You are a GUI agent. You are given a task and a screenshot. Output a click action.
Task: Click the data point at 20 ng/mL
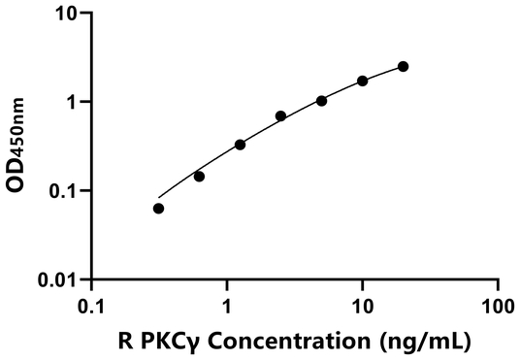[403, 66]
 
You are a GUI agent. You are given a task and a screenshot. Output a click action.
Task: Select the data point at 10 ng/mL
[362, 81]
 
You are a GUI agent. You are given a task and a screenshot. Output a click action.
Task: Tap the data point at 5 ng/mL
[321, 101]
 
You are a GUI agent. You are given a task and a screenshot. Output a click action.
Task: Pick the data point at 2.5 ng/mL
[280, 116]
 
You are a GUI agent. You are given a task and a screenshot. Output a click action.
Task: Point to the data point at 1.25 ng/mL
[240, 145]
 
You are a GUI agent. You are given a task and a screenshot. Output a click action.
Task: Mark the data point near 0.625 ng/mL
[199, 177]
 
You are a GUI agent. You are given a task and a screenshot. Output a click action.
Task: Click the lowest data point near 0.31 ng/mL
[159, 209]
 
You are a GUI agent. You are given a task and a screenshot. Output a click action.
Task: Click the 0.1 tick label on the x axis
[91, 304]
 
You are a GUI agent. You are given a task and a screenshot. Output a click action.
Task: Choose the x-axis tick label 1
[227, 304]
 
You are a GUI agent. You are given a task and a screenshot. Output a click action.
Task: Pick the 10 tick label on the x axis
[362, 304]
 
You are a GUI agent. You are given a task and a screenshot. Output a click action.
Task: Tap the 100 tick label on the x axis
[497, 304]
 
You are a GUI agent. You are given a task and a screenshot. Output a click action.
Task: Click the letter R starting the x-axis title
[123, 341]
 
